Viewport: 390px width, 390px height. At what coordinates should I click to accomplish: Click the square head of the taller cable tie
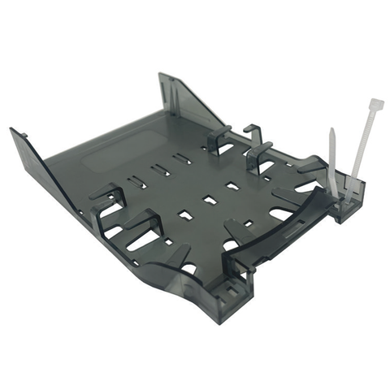point(377,105)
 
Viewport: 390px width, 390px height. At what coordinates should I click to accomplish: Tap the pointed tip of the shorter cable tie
point(332,130)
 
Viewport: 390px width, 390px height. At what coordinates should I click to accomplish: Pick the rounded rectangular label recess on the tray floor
point(113,155)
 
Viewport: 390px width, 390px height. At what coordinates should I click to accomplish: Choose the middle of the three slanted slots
point(159,169)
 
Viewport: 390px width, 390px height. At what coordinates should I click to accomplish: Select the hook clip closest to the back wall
point(219,139)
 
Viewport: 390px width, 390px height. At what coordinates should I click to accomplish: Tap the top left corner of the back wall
point(160,76)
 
